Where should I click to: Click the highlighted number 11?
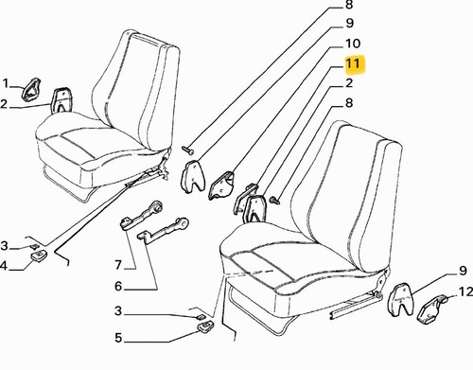coord(353,64)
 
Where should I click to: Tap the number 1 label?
coord(6,84)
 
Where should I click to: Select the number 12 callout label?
coord(465,291)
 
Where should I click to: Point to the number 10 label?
coord(353,44)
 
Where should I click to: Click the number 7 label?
coord(118,265)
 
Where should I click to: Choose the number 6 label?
coord(118,287)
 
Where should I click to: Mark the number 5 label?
coord(118,338)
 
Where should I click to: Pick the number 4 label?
coord(3,266)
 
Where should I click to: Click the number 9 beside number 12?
coord(463,271)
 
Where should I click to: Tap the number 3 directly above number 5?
coord(118,311)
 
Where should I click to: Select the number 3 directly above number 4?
coord(4,245)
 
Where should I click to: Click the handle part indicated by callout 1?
coord(31,90)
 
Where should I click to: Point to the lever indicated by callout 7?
coord(142,215)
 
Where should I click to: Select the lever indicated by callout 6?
coord(164,230)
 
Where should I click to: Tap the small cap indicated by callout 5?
coord(205,326)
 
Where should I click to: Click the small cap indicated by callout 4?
coord(40,255)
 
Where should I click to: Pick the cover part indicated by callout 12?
coord(432,309)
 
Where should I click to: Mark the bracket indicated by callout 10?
coord(220,185)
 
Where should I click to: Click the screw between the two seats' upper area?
coord(188,150)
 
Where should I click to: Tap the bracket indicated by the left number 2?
coord(61,100)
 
